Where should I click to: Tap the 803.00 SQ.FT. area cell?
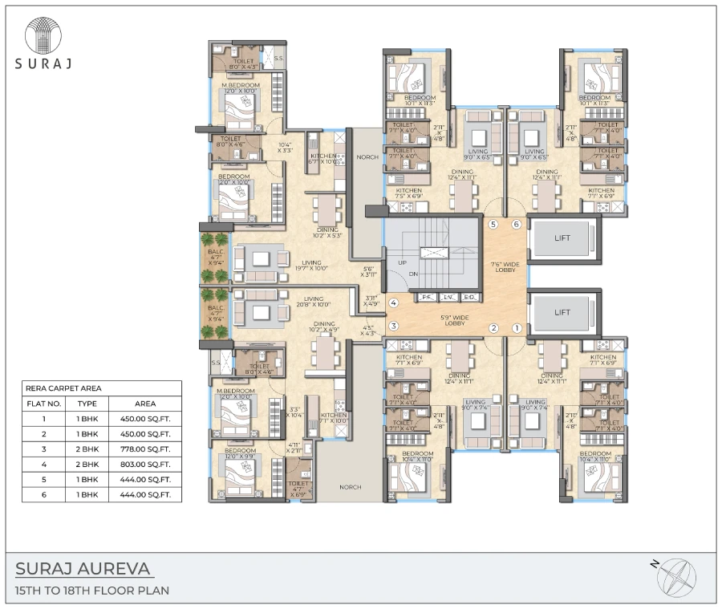(x=145, y=464)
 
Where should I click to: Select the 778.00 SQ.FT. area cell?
(x=145, y=449)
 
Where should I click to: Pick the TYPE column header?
(x=87, y=403)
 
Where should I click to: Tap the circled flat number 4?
(x=394, y=303)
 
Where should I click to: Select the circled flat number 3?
(x=394, y=326)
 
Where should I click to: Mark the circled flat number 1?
(x=517, y=327)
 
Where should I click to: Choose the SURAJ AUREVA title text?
(x=83, y=569)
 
